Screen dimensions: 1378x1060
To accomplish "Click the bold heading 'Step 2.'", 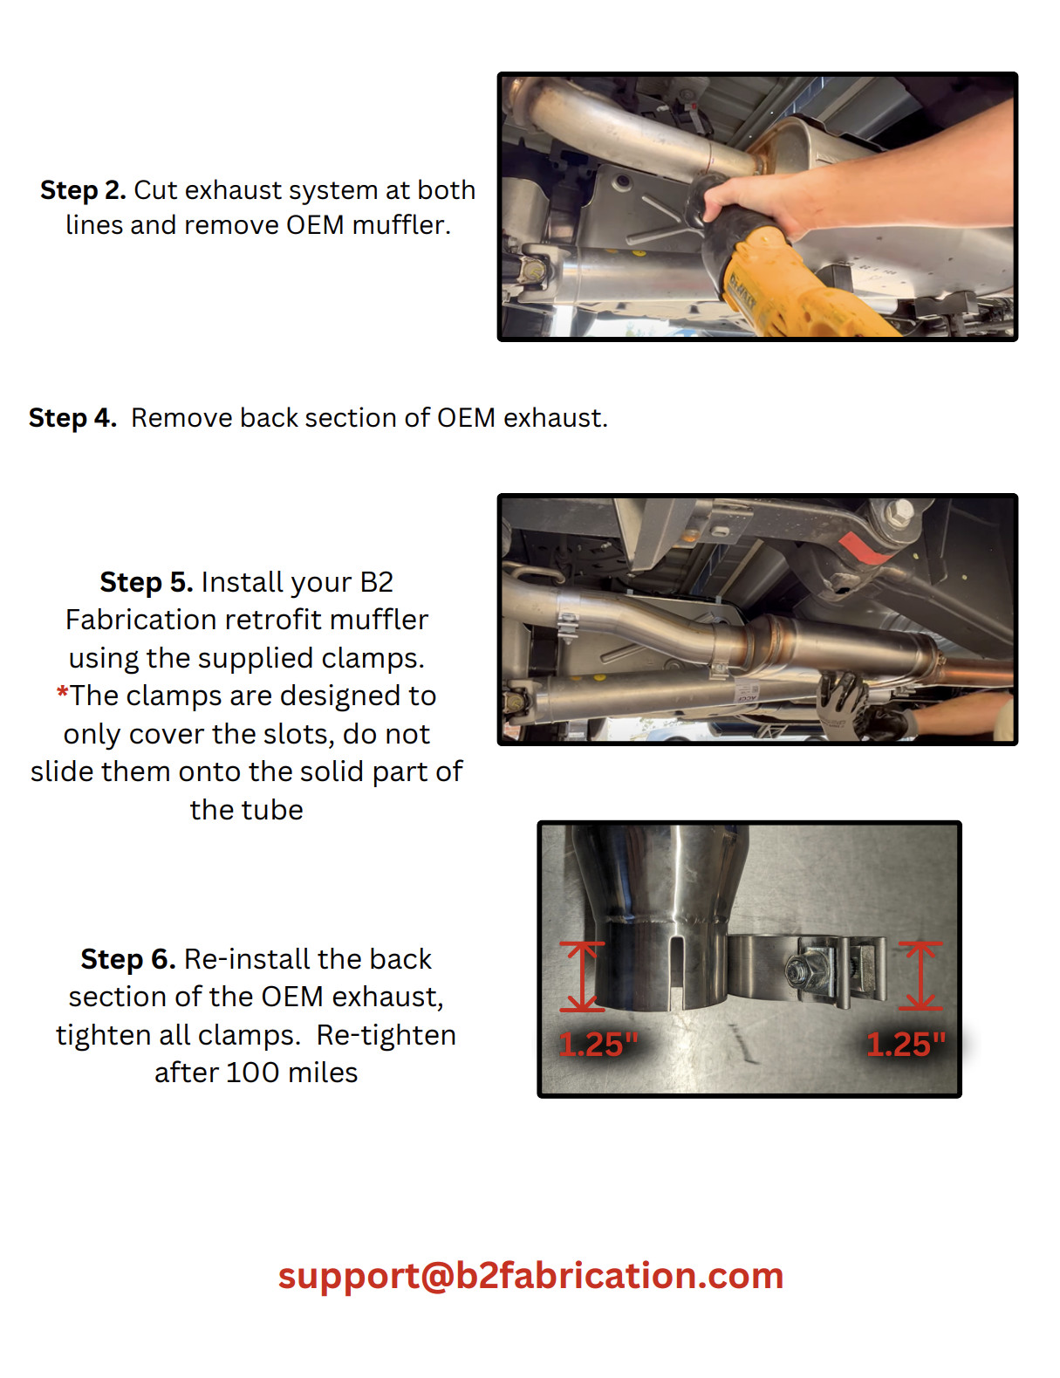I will pyautogui.click(x=83, y=190).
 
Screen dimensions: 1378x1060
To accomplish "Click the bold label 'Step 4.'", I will pyautogui.click(x=72, y=418).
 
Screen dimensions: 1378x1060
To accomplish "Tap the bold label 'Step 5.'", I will pyautogui.click(x=146, y=582).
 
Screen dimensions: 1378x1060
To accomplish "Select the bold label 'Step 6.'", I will pyautogui.click(x=127, y=959).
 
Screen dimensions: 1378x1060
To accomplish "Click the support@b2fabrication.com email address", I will pyautogui.click(x=530, y=1276).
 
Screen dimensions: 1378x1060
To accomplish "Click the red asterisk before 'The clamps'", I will pyautogui.click(x=62, y=695).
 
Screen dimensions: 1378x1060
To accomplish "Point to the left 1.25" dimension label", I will pyautogui.click(x=598, y=1045).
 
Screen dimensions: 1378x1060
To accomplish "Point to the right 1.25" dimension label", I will pyautogui.click(x=906, y=1045).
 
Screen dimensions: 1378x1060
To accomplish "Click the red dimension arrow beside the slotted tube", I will pyautogui.click(x=582, y=977).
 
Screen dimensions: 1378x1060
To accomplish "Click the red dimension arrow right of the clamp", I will pyautogui.click(x=920, y=976).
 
